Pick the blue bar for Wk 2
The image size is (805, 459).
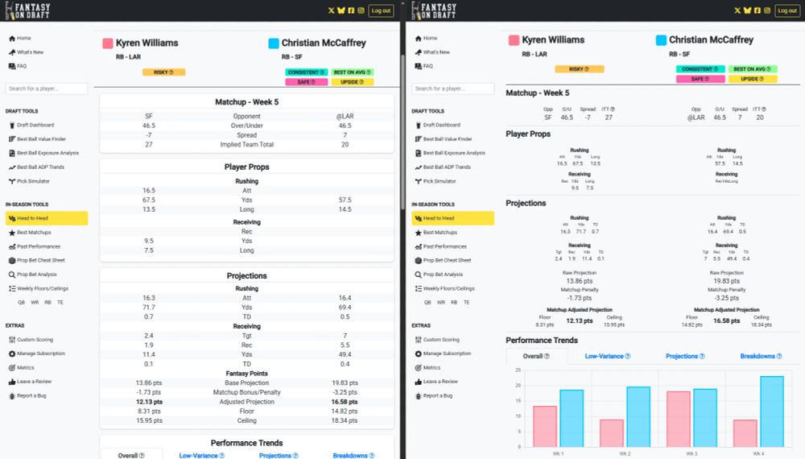tap(638, 416)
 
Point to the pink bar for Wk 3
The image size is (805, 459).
tap(679, 419)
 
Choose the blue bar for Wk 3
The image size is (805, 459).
tap(705, 417)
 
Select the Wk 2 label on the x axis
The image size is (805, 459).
tap(625, 454)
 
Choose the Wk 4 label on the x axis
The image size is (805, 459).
tap(758, 454)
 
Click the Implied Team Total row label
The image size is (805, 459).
tap(246, 145)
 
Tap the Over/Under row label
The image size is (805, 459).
tap(246, 126)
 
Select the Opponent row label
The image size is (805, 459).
tap(246, 116)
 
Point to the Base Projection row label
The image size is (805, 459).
tap(246, 383)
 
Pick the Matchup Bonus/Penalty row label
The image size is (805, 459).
tap(246, 392)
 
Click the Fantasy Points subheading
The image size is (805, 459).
tap(246, 374)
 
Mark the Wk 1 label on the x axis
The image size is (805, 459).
tap(558, 454)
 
